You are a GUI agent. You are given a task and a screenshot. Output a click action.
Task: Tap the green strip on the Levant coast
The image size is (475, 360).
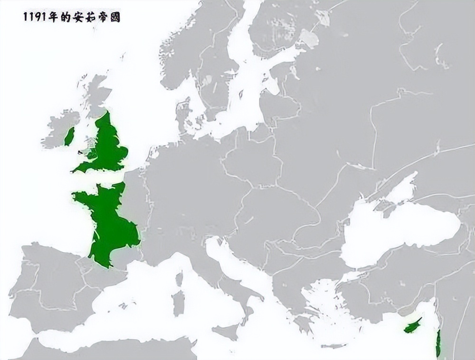click(x=437, y=343)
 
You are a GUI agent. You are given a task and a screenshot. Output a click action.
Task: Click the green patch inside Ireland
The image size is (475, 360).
click(x=69, y=136)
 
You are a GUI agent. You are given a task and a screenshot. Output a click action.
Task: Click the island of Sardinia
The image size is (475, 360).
click(x=179, y=302)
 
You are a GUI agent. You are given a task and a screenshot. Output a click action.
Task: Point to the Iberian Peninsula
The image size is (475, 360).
click(x=47, y=285)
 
